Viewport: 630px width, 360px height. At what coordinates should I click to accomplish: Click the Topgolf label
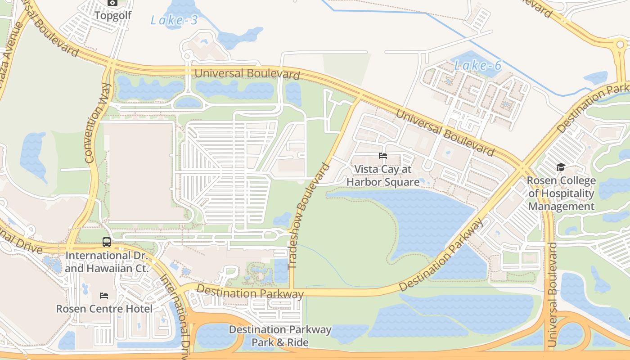[x=112, y=15]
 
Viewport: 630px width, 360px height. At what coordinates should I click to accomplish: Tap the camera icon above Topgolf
[x=112, y=3]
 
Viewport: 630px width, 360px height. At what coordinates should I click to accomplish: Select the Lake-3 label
[x=174, y=20]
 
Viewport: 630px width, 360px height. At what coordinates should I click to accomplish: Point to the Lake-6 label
[x=477, y=66]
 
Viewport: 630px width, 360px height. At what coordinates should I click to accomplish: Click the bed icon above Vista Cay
[x=383, y=156]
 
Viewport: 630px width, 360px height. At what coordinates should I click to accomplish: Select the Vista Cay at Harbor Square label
[x=383, y=175]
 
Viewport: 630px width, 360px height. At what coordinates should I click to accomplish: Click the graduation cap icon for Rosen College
[x=561, y=167]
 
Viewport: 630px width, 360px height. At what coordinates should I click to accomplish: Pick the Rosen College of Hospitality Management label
[x=561, y=193]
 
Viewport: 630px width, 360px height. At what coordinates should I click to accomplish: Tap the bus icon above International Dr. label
[x=107, y=242]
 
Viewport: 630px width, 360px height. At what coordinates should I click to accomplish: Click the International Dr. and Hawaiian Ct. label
[x=107, y=262]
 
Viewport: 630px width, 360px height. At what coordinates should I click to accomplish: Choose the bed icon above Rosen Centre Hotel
[x=104, y=296]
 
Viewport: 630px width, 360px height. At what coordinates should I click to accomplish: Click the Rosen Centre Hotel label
[x=104, y=309]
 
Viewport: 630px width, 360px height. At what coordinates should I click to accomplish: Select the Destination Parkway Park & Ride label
[x=280, y=336]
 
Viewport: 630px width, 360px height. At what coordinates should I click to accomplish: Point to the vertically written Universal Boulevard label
[x=552, y=294]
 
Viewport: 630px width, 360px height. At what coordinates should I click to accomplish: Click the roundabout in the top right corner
[x=621, y=45]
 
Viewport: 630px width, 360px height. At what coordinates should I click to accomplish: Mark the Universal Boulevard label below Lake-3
[x=247, y=73]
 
